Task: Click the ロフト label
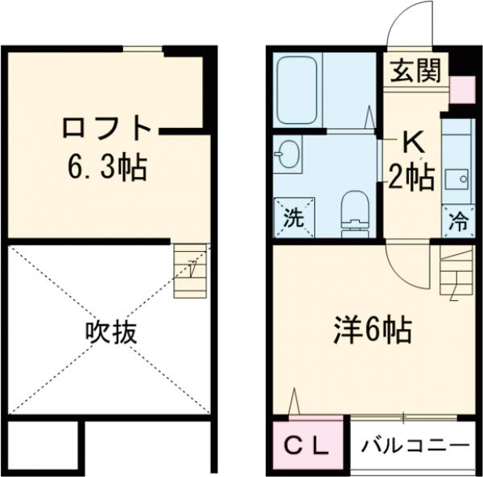point(107,128)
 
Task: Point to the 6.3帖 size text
point(107,167)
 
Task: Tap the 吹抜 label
point(111,332)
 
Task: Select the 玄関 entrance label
point(416,72)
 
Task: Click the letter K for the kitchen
point(412,143)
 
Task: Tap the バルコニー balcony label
point(414,445)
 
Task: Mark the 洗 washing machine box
point(291,218)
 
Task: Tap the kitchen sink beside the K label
point(457,179)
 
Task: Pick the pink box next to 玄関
point(461,89)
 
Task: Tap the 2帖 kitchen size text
point(411,175)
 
